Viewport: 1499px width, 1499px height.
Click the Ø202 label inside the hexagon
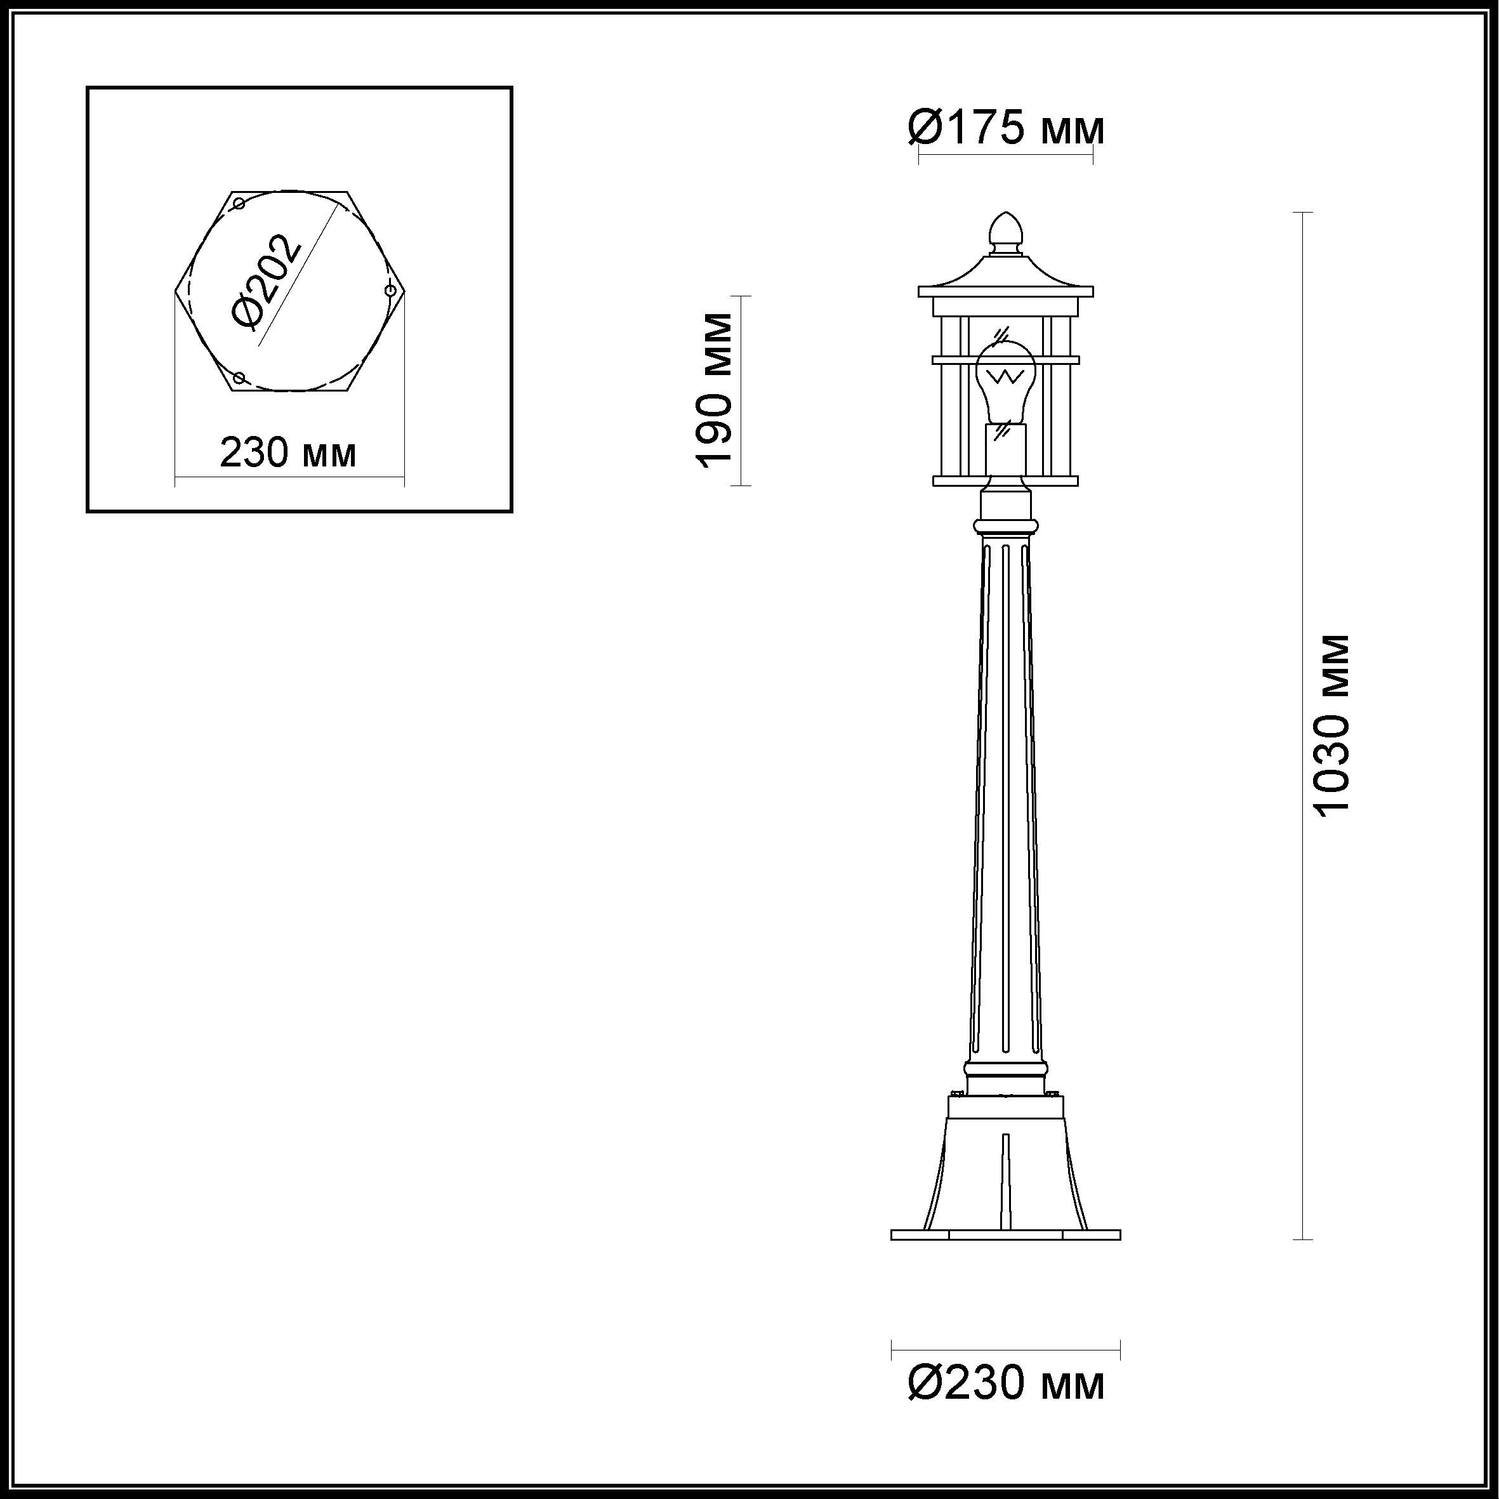click(266, 281)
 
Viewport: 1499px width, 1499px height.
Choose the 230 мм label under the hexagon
click(289, 452)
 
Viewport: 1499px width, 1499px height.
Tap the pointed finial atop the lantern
click(1005, 233)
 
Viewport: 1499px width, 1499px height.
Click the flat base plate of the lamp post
click(1005, 1234)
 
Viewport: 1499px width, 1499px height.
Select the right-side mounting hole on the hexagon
click(391, 291)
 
